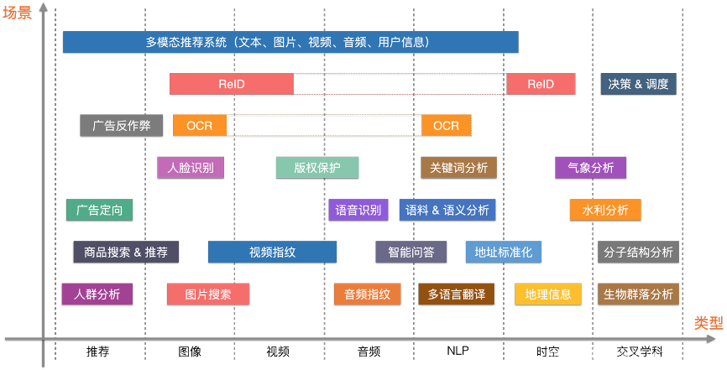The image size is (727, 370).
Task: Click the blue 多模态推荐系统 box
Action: point(290,42)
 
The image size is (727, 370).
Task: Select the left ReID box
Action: point(232,84)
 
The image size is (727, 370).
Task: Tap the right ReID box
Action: point(541,84)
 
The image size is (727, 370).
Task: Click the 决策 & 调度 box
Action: point(639,84)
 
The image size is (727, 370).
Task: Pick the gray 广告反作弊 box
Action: point(122,126)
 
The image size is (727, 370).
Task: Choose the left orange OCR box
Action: point(200,126)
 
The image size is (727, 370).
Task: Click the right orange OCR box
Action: point(446,126)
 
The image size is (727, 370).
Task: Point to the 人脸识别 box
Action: point(191,167)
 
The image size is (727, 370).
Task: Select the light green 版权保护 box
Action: point(317,167)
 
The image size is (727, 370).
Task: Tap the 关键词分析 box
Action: point(458,167)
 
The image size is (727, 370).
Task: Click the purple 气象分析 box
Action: point(590,167)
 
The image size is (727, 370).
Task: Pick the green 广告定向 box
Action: point(99,210)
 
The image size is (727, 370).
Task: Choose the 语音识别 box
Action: point(358,210)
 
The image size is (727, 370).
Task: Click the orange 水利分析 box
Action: point(605,210)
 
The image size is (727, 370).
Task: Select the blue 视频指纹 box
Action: point(272,252)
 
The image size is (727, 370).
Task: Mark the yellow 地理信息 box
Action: point(548,294)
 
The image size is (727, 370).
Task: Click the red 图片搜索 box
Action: point(208,294)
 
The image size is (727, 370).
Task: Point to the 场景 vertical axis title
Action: point(17,13)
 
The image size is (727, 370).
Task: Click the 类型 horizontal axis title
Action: point(708,324)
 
